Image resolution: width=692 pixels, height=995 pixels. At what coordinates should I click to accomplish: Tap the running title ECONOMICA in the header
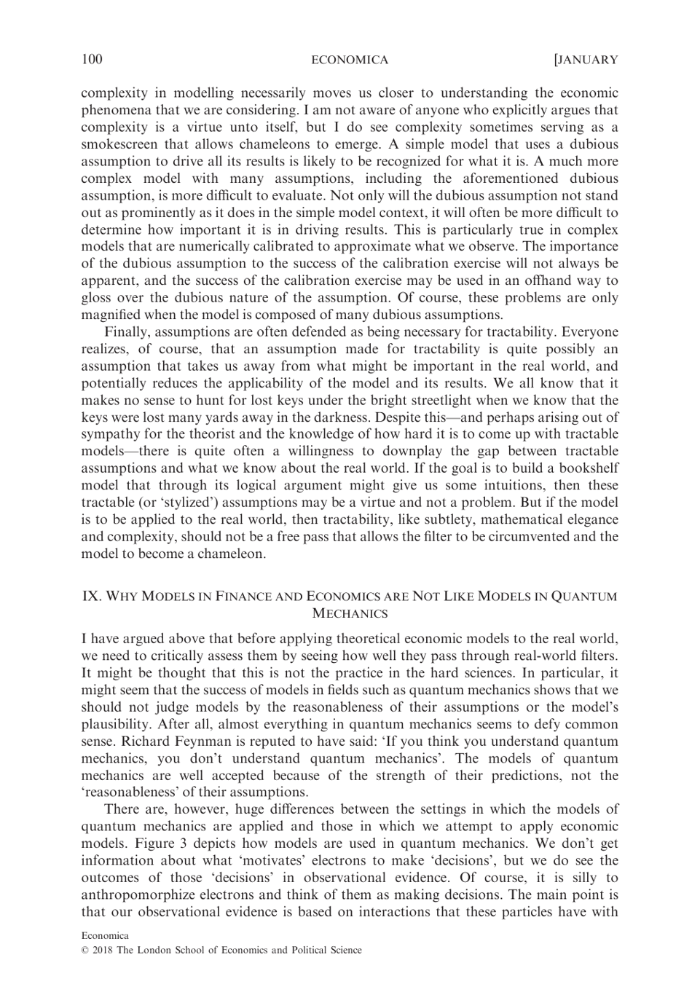pos(350,60)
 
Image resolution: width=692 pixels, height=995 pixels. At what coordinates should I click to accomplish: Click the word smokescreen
pos(120,144)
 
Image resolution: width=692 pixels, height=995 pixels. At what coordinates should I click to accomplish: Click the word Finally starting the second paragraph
pos(128,332)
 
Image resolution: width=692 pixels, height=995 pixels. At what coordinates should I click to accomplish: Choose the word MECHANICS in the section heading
pos(349,613)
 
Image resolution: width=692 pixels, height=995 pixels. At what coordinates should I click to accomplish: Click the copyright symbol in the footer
pos(84,950)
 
